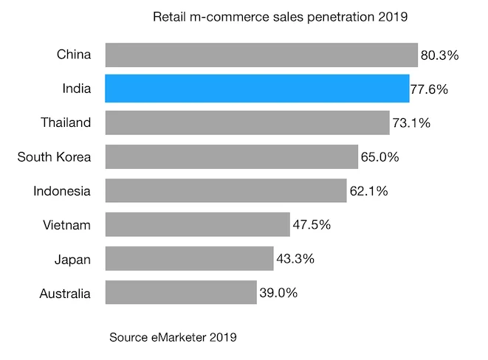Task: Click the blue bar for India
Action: point(257,89)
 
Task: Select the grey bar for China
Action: point(261,55)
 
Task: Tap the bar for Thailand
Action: point(247,122)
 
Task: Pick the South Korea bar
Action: point(232,156)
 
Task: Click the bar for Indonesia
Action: point(226,190)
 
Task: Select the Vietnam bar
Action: point(197,224)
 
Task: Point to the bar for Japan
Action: point(189,258)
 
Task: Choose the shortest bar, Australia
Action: point(181,292)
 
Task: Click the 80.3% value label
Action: point(440,55)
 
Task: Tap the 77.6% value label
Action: point(430,90)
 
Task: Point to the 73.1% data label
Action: point(411,123)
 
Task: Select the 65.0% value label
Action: point(380,157)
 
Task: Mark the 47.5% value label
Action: point(312,225)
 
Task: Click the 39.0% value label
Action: point(278,293)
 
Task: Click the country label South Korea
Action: point(54,156)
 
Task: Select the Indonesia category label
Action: point(62,191)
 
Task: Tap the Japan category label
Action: point(72,260)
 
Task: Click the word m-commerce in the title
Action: point(222,16)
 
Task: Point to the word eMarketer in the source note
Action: point(176,338)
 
